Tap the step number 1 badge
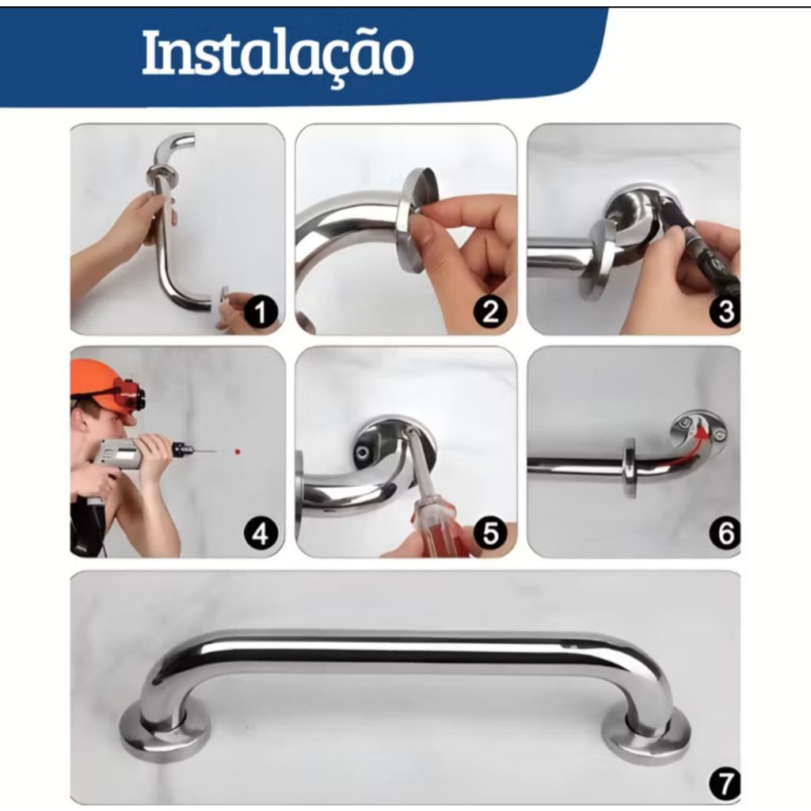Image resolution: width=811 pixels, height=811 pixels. [x=260, y=312]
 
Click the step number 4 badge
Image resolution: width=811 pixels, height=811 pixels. [x=260, y=533]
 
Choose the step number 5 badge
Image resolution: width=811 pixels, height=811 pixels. [x=489, y=533]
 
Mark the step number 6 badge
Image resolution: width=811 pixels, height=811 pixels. [x=725, y=533]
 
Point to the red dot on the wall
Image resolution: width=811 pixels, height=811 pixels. [x=238, y=451]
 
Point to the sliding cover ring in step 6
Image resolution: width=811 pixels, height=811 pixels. [x=630, y=469]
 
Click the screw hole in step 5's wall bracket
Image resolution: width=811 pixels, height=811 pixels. [x=361, y=453]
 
